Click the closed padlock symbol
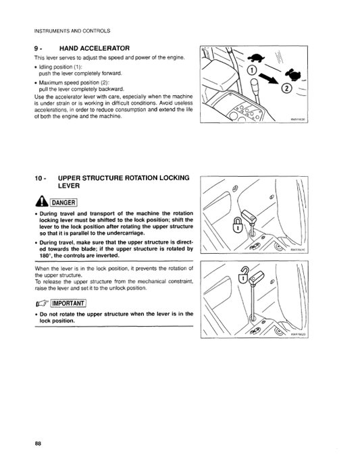tap(237, 225)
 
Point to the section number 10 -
tap(40, 178)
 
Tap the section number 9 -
tap(38, 49)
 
